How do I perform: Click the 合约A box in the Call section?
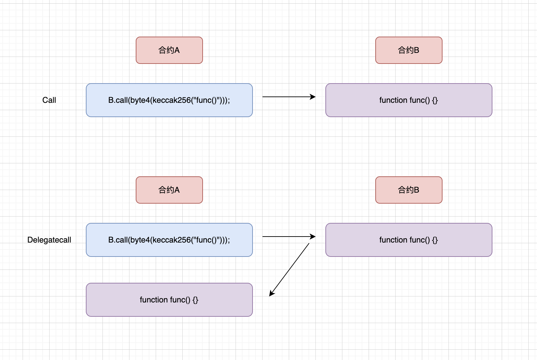[x=169, y=50]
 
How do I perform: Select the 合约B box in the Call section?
[x=409, y=50]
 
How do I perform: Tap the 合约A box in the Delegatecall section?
[x=169, y=190]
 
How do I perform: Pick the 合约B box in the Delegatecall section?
[x=409, y=190]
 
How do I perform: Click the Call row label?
[x=49, y=100]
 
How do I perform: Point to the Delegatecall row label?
[x=49, y=240]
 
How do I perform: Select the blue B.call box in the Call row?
[x=169, y=100]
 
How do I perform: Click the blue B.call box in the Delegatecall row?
[x=169, y=240]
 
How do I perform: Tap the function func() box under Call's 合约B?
[x=409, y=100]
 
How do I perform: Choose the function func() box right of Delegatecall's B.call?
[x=409, y=240]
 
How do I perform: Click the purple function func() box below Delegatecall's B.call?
[x=169, y=300]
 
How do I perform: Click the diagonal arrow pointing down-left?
[x=289, y=270]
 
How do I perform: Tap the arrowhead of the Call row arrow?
[x=313, y=97]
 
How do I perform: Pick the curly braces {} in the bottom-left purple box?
[x=195, y=300]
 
